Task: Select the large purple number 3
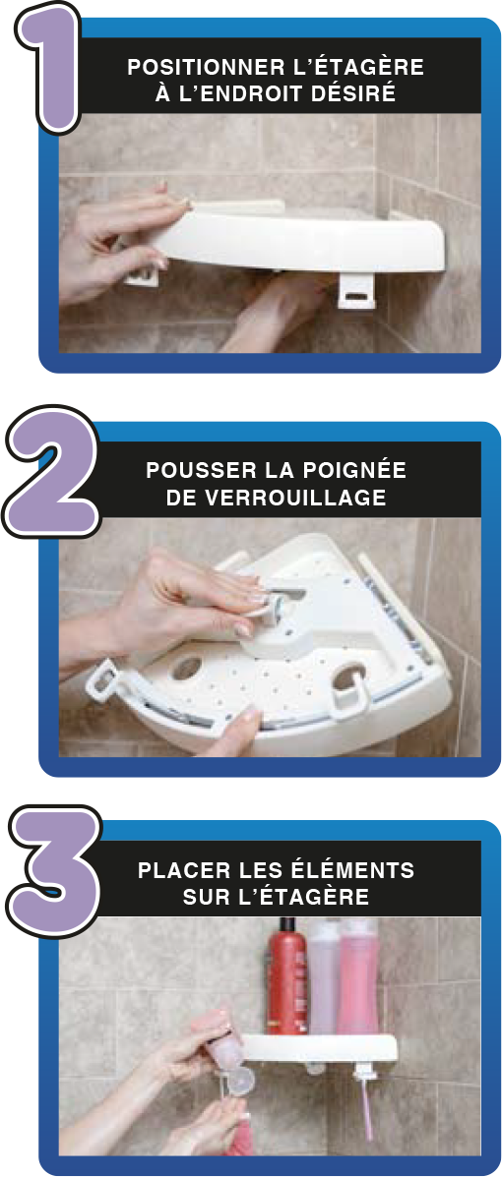pyautogui.click(x=54, y=871)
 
